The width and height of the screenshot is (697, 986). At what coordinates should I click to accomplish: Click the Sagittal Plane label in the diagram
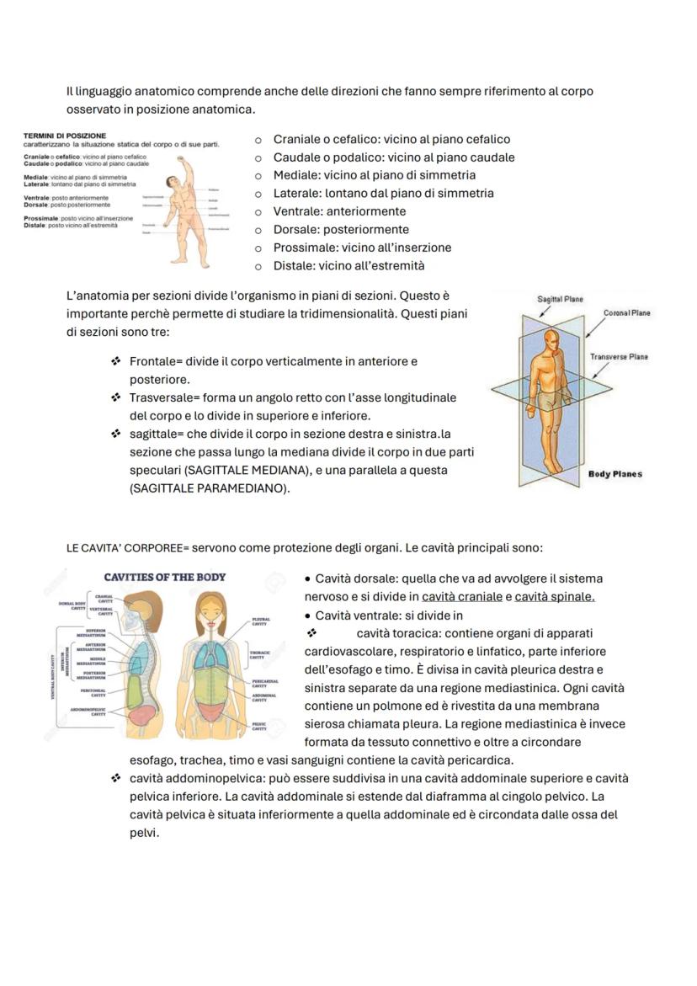point(560,299)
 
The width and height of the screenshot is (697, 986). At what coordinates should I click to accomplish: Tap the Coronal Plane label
point(626,312)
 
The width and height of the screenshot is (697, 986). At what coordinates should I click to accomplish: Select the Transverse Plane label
point(619,357)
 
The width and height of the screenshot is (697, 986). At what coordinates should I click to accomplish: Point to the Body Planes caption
point(615,474)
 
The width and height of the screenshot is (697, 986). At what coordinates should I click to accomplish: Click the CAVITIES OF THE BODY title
point(164,578)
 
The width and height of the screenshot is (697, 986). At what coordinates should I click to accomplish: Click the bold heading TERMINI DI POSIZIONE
point(65,136)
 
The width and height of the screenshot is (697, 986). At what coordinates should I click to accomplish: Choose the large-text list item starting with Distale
point(348,266)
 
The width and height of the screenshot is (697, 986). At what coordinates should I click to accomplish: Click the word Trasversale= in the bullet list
point(164,397)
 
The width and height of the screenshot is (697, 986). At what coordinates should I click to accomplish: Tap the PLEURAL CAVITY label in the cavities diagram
point(260,622)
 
